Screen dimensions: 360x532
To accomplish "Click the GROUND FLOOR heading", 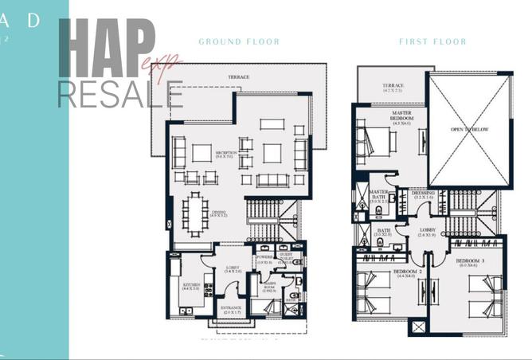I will tap(239, 41).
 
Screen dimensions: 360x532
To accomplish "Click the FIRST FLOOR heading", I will tap(432, 41).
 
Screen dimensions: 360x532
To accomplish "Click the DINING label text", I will tap(219, 213).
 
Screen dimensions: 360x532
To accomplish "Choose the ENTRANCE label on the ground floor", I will tap(232, 311).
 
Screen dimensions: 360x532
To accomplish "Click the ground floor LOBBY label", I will tap(233, 269).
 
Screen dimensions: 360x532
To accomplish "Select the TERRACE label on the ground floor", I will tap(239, 77).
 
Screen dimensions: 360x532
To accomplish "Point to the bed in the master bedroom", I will tap(374, 142).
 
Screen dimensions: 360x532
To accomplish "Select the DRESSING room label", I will tap(423, 194).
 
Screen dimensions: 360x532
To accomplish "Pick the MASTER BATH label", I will tap(378, 195).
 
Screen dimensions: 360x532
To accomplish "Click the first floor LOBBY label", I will tap(427, 233).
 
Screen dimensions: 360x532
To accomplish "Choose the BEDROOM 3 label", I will tap(470, 262).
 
